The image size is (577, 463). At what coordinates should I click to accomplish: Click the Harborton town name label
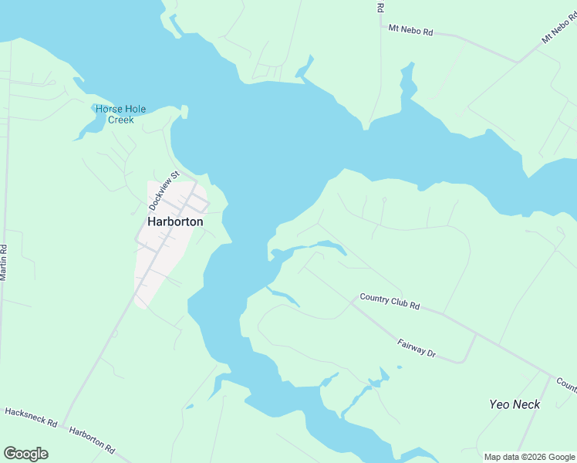pyautogui.click(x=175, y=221)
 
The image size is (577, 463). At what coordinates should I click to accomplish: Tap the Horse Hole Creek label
pyautogui.click(x=120, y=114)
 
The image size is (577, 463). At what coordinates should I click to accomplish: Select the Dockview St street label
pyautogui.click(x=163, y=191)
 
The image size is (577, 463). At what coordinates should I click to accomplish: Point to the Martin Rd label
pyautogui.click(x=4, y=262)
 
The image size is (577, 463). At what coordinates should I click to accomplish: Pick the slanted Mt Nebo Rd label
pyautogui.click(x=558, y=27)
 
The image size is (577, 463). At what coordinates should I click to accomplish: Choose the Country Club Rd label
pyautogui.click(x=390, y=301)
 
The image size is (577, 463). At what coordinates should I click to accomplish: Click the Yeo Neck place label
pyautogui.click(x=515, y=404)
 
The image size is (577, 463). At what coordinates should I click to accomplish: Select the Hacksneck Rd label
pyautogui.click(x=32, y=418)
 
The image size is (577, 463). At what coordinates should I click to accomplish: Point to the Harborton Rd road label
pyautogui.click(x=92, y=440)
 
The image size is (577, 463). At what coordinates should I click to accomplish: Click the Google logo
pyautogui.click(x=25, y=454)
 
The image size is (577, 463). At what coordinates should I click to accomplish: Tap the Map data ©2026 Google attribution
pyautogui.click(x=529, y=457)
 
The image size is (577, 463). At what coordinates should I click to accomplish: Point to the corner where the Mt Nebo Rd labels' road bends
pyautogui.click(x=518, y=60)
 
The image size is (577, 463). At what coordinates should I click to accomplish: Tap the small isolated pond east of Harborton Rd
pyautogui.click(x=190, y=407)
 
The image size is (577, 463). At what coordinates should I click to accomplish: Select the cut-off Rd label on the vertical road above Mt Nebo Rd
pyautogui.click(x=380, y=8)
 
